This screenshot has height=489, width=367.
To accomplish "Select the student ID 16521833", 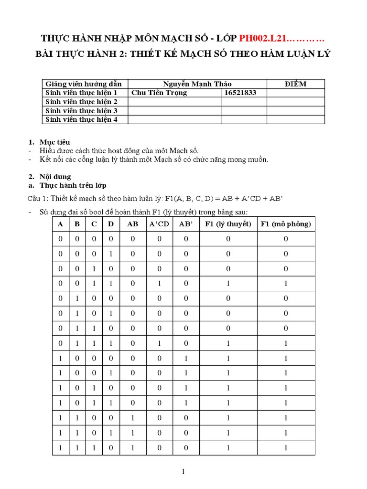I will [x=240, y=93].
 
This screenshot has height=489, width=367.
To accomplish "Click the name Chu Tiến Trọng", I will [x=159, y=93].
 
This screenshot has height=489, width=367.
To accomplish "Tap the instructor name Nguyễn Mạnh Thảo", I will [x=197, y=84].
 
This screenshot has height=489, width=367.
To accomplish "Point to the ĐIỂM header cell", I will [x=295, y=84].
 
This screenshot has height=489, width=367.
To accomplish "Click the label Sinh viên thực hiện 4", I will [x=81, y=119].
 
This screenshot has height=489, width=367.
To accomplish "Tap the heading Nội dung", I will [x=55, y=177].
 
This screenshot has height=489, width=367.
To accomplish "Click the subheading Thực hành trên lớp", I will [x=73, y=185].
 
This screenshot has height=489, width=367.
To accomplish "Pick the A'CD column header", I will [x=159, y=224].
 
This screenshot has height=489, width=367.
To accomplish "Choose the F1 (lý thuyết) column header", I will [x=228, y=224].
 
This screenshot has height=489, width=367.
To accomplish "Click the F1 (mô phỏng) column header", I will [x=286, y=224].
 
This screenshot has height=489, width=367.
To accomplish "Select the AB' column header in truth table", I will [x=186, y=224].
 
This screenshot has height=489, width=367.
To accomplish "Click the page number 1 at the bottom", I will [x=183, y=472].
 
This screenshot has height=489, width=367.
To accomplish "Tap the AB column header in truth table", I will [x=133, y=224].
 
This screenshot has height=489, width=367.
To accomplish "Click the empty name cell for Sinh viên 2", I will [x=174, y=102].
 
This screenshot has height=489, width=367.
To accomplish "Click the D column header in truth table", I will [x=110, y=224].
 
